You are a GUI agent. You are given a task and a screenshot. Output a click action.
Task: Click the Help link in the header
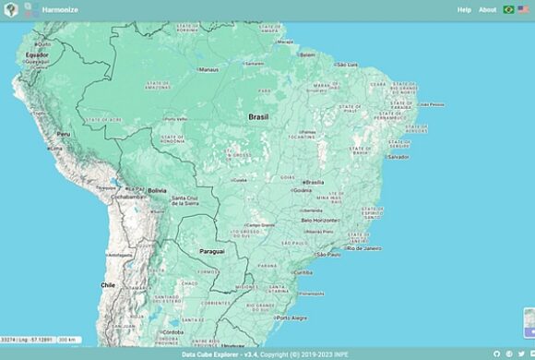point(464,10)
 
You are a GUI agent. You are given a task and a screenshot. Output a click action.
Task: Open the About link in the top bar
point(487,10)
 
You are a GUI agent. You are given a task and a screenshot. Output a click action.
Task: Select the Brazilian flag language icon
point(508,10)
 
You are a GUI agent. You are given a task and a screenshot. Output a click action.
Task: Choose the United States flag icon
point(523,10)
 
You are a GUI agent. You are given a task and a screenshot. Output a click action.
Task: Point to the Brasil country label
point(258,117)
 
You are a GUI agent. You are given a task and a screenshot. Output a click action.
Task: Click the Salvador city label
point(398,157)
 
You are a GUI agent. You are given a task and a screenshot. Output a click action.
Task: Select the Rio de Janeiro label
point(363,248)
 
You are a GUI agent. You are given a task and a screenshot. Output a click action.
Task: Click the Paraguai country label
point(212,251)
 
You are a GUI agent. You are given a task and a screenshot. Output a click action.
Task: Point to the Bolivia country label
point(157,190)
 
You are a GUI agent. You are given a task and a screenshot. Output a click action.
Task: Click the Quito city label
point(44,43)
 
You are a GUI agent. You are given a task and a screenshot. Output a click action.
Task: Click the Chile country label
point(108,285)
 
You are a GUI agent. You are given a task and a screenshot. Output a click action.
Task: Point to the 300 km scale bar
point(67,340)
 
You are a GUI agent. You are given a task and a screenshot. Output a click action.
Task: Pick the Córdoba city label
point(172,332)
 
